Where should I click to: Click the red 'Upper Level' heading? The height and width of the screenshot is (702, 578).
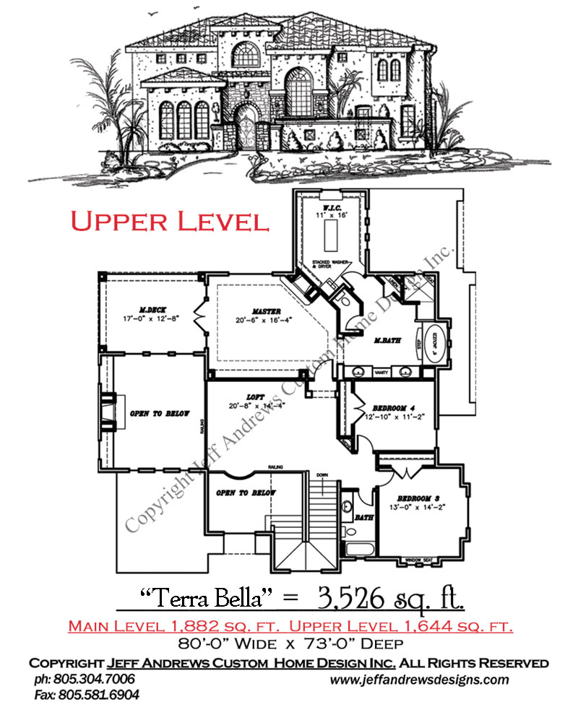pyautogui.click(x=171, y=221)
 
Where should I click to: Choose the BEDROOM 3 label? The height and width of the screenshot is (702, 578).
pyautogui.click(x=414, y=498)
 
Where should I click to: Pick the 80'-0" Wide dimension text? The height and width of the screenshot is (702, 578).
pyautogui.click(x=241, y=641)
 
